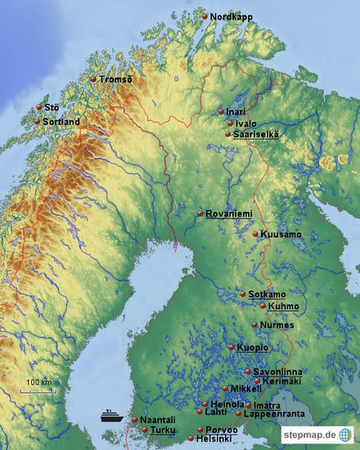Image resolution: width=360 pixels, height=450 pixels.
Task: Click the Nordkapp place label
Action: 232,16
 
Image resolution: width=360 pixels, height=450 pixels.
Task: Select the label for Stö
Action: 52,107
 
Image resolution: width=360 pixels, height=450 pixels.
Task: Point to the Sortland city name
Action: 61,122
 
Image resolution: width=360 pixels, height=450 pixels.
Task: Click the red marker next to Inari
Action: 221,111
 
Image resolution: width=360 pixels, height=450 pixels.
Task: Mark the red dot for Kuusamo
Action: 255,234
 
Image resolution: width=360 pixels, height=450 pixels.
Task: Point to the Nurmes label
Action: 276,325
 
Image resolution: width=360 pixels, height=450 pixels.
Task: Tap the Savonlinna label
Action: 277,371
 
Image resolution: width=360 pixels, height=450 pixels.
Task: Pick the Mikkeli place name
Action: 246,389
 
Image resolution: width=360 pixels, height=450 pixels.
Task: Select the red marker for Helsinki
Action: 191,439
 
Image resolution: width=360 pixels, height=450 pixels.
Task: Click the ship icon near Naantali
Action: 111,415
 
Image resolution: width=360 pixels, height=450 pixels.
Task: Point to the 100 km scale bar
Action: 38,390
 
